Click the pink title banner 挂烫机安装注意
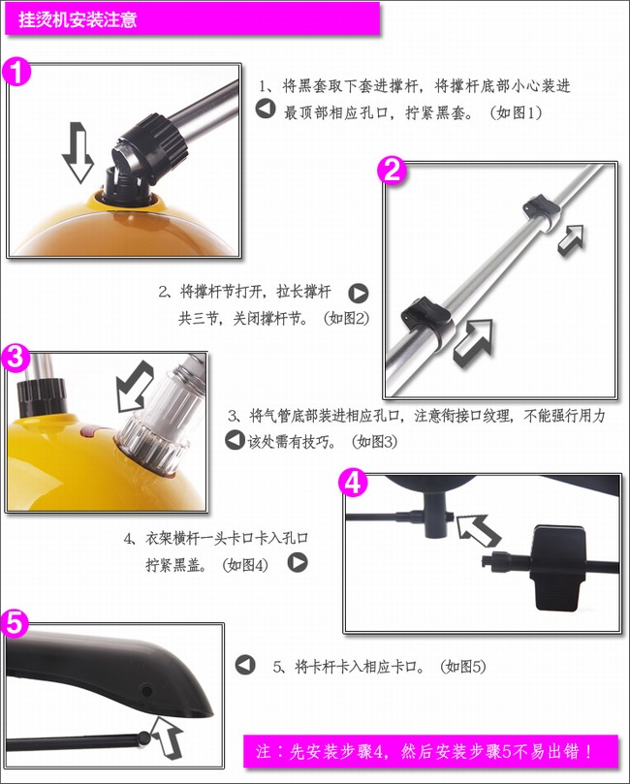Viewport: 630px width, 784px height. pyautogui.click(x=193, y=18)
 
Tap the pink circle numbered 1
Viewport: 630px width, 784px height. pyautogui.click(x=17, y=72)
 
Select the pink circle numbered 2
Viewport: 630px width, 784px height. pyautogui.click(x=392, y=172)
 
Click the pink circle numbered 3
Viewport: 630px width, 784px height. pyautogui.click(x=16, y=358)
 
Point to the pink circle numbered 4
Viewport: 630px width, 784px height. pyautogui.click(x=353, y=483)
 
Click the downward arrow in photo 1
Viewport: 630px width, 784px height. pyautogui.click(x=78, y=152)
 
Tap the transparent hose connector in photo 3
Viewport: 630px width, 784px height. pyautogui.click(x=161, y=418)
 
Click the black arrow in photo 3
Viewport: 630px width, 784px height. pyautogui.click(x=134, y=386)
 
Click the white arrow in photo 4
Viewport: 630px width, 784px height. pyautogui.click(x=479, y=530)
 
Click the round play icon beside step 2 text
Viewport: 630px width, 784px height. pyautogui.click(x=358, y=293)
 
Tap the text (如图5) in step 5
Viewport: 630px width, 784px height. pyautogui.click(x=463, y=667)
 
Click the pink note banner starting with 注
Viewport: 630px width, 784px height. pyautogui.click(x=431, y=750)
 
